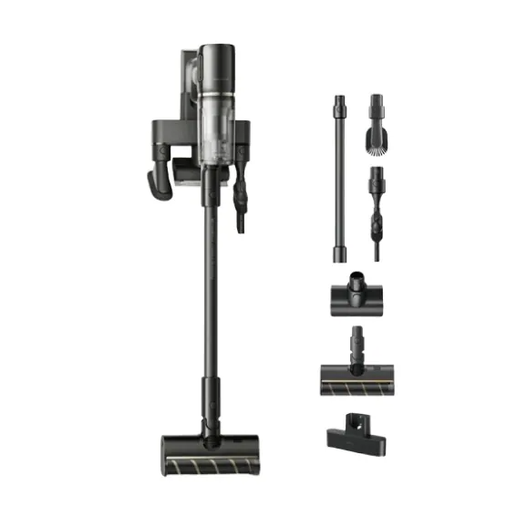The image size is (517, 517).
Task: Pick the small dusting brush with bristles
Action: click(378, 123)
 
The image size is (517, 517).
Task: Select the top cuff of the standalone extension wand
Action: click(339, 102)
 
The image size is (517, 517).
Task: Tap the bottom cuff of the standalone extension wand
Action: click(339, 251)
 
